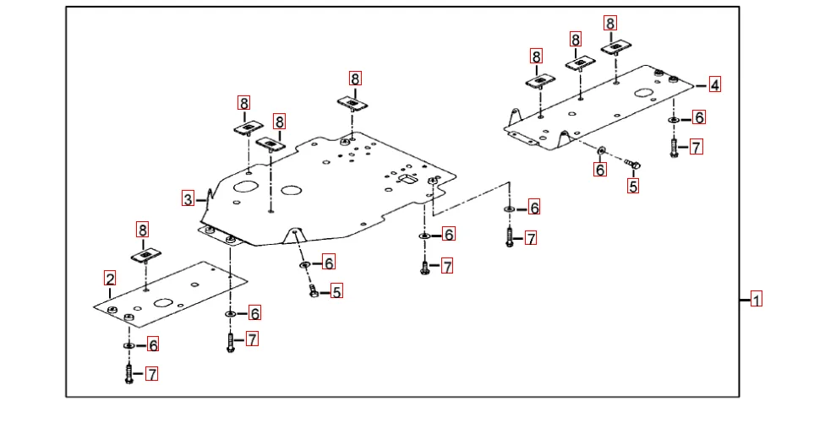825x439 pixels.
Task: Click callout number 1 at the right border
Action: pyautogui.click(x=757, y=299)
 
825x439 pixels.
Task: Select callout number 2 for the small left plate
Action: pyautogui.click(x=110, y=278)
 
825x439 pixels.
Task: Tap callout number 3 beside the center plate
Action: pyautogui.click(x=188, y=199)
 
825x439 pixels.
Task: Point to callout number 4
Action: pyautogui.click(x=715, y=84)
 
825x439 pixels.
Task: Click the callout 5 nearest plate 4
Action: pyautogui.click(x=633, y=187)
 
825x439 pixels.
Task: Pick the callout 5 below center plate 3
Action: pyautogui.click(x=336, y=292)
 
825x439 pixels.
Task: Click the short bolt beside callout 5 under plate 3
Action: pyautogui.click(x=314, y=290)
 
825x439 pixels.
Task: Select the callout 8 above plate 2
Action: pyautogui.click(x=142, y=230)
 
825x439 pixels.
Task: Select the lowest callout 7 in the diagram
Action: pyautogui.click(x=152, y=374)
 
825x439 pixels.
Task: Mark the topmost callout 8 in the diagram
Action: pyautogui.click(x=610, y=24)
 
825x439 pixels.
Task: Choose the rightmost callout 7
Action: pyautogui.click(x=696, y=148)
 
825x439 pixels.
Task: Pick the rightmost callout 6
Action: pyautogui.click(x=699, y=117)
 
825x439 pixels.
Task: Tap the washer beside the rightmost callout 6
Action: pyautogui.click(x=674, y=119)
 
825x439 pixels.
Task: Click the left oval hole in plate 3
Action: pyautogui.click(x=246, y=187)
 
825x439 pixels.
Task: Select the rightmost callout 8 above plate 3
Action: pyautogui.click(x=355, y=79)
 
